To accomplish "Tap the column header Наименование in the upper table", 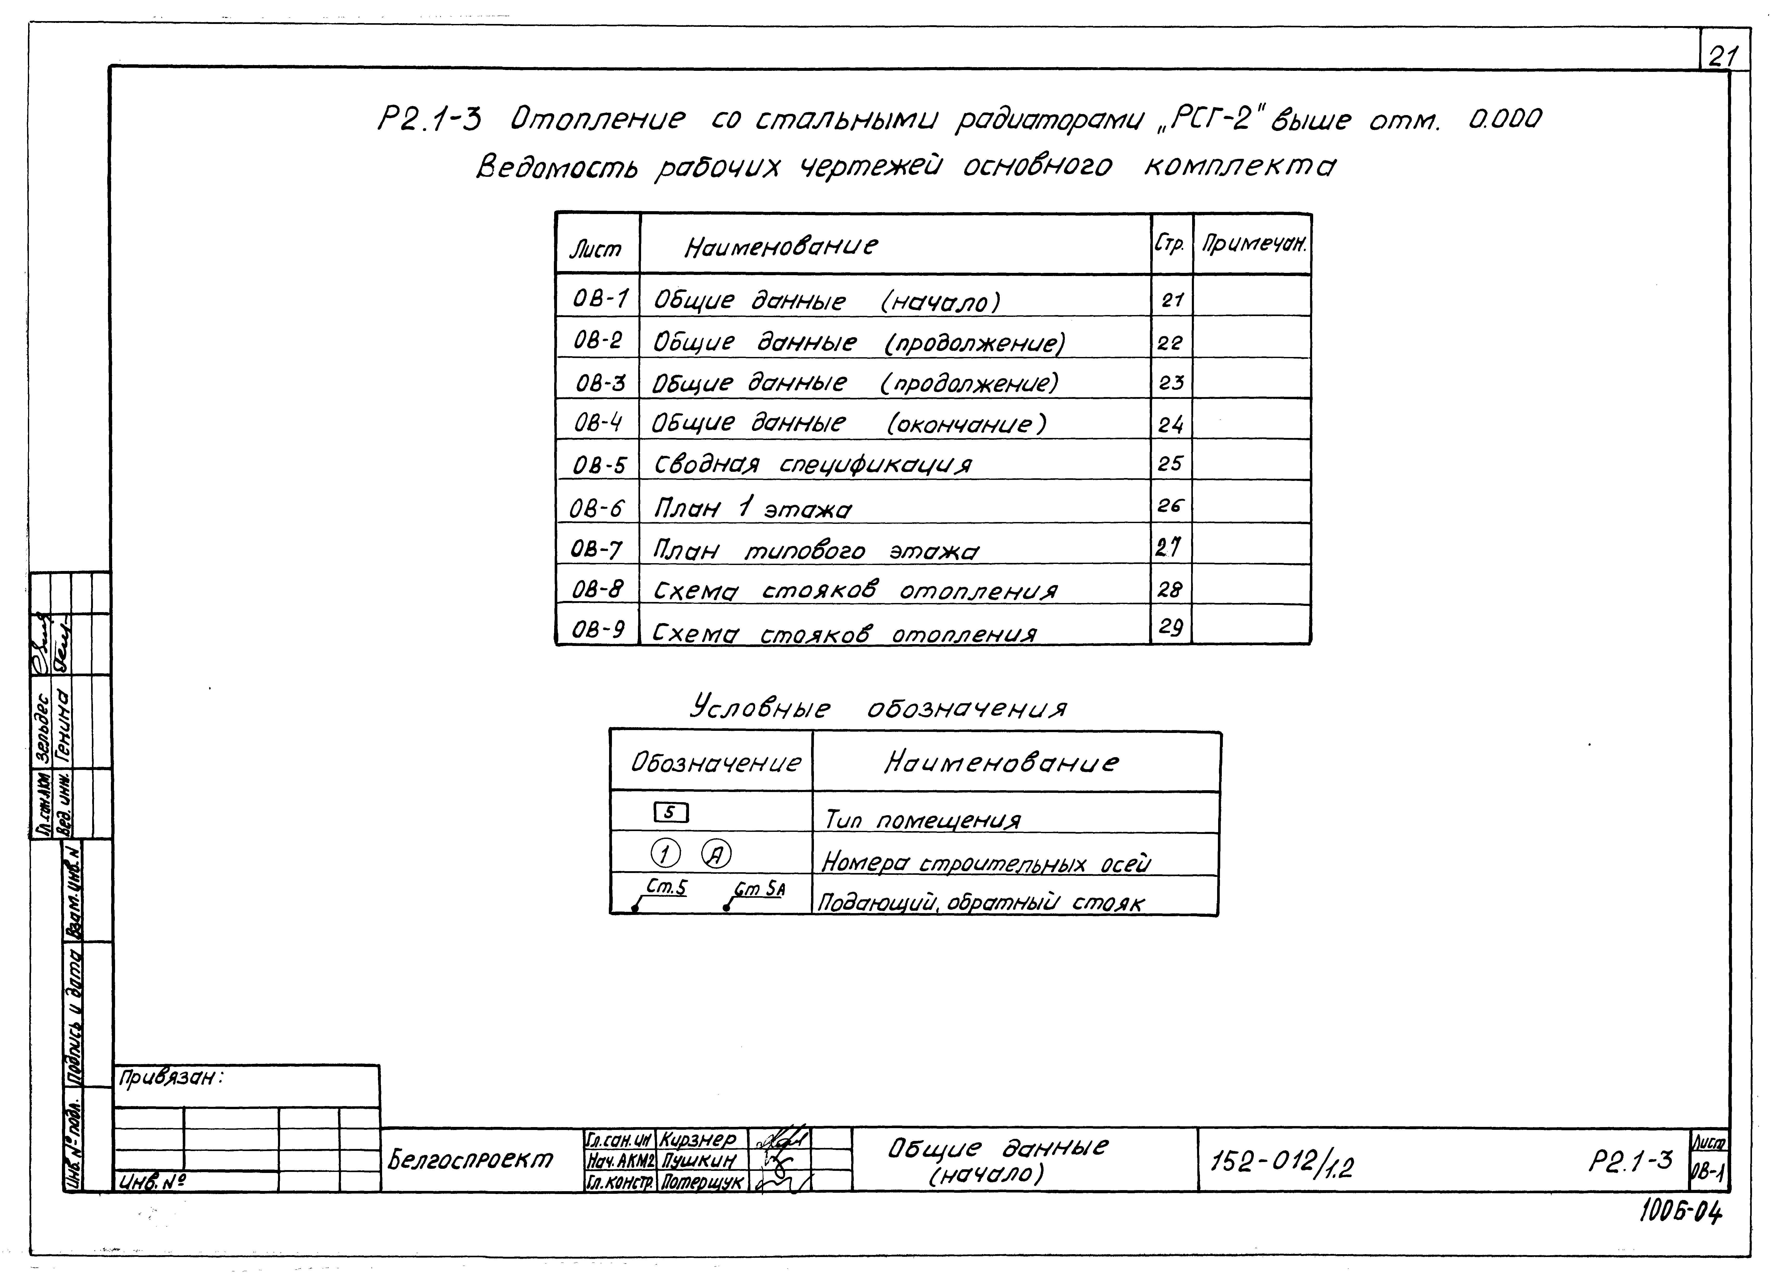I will (781, 247).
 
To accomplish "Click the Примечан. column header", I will (1253, 244).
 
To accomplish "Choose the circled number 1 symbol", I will (665, 855).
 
